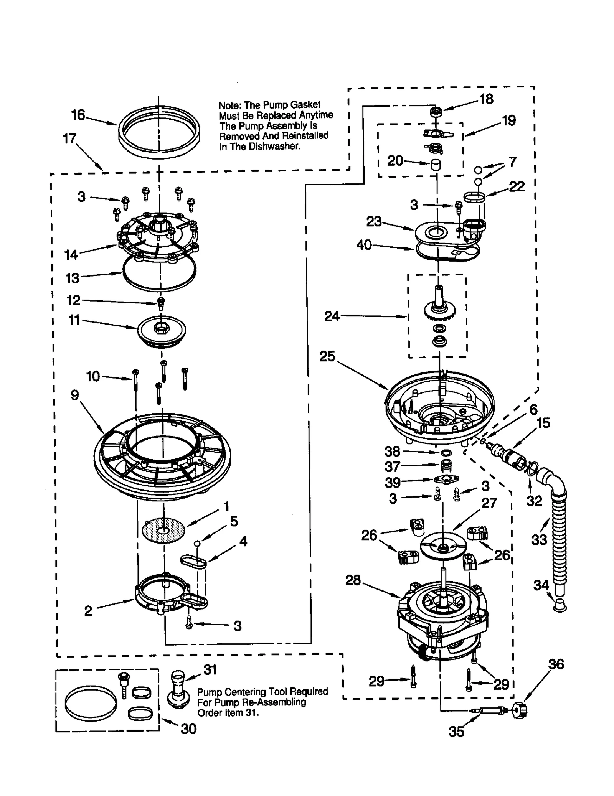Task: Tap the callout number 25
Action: click(327, 356)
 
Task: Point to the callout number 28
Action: click(353, 580)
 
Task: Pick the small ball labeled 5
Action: click(197, 543)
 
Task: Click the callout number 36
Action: click(556, 664)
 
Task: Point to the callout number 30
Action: click(188, 729)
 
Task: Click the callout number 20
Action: click(395, 160)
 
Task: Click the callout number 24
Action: click(332, 316)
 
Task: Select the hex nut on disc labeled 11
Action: click(161, 328)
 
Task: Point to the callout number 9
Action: click(75, 395)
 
